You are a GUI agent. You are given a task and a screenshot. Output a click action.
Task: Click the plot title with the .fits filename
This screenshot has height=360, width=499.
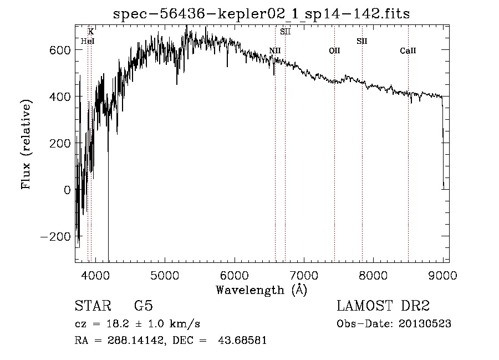[x=261, y=14]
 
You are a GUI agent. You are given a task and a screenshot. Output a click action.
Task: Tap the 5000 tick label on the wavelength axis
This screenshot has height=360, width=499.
[x=164, y=275]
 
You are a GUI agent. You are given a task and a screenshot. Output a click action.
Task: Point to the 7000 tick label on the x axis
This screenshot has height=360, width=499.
[x=304, y=275]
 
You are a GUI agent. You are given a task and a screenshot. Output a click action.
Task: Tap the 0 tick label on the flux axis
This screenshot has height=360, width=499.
[x=67, y=190]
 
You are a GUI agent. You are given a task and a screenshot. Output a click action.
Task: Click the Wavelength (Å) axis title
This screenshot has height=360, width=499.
[x=261, y=290]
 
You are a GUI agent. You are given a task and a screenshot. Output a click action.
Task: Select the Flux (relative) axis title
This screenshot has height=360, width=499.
[x=27, y=143]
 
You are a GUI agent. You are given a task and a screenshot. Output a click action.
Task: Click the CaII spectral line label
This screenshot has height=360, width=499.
[x=408, y=51]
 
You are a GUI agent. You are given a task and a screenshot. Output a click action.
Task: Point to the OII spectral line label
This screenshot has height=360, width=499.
[x=334, y=51]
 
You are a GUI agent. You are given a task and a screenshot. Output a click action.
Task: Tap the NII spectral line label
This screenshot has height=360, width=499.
[x=275, y=51]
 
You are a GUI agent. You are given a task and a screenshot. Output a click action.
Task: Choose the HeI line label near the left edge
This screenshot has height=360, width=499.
[x=87, y=41]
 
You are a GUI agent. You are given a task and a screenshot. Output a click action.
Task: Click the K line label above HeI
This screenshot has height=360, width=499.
[x=91, y=32]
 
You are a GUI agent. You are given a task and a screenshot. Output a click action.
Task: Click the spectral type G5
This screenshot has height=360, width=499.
[x=143, y=306]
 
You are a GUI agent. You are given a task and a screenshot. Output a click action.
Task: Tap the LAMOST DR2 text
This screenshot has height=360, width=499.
[x=383, y=306]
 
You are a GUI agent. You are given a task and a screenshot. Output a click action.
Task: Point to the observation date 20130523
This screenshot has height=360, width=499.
[x=424, y=324]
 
